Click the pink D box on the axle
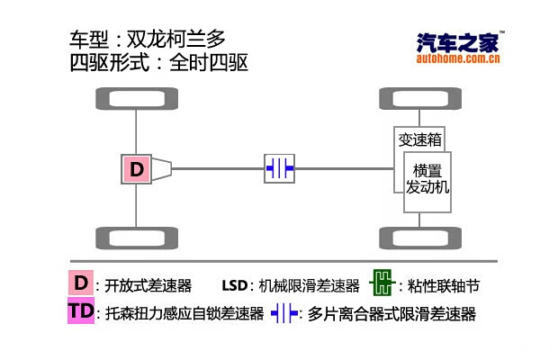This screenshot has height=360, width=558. coord(137,168)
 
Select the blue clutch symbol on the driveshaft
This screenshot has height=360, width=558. coord(279,168)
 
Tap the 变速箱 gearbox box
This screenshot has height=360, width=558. coord(419,139)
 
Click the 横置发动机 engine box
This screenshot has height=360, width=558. coord(427,180)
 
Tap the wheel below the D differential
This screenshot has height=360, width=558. coord(136,239)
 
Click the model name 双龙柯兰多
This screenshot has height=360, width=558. coord(175,40)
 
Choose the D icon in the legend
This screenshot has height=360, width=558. coord(81,283)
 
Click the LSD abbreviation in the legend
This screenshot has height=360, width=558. coord(234,285)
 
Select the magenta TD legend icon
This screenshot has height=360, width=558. coord(81,311)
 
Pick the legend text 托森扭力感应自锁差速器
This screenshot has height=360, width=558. coord(184,314)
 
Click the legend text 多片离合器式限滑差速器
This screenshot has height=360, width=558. coord(391,314)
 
